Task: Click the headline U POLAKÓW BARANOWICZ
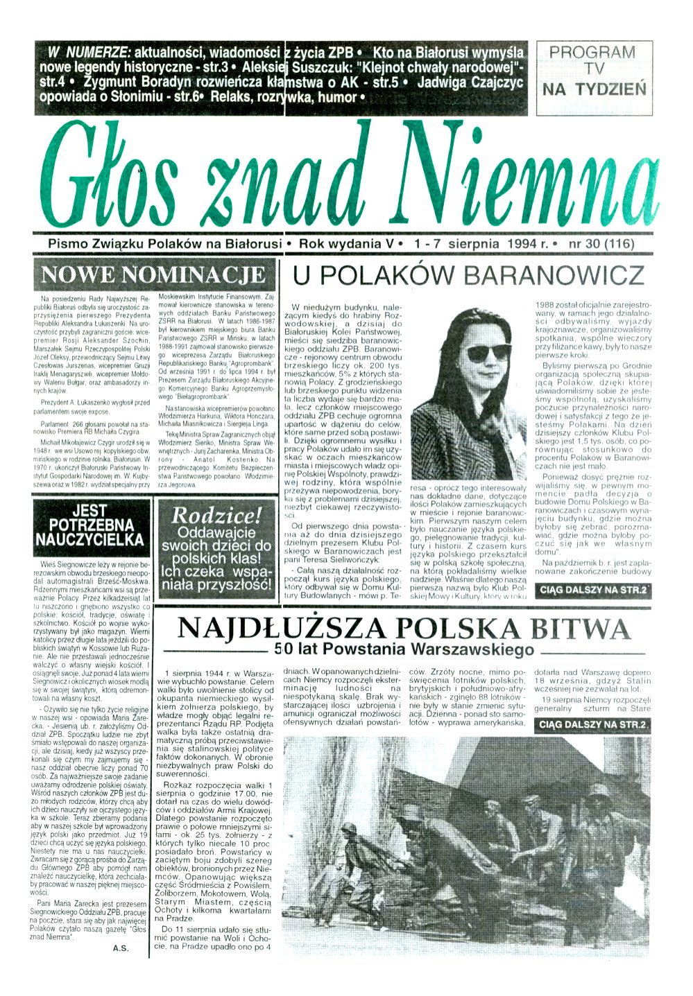(468, 275)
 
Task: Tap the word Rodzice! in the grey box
(216, 515)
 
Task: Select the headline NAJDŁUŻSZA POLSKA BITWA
(404, 629)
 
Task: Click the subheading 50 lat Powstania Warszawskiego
(404, 649)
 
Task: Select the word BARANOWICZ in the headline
(554, 275)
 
